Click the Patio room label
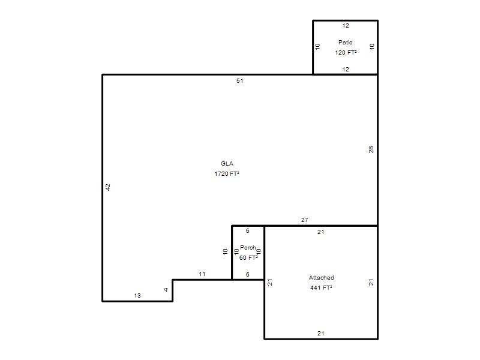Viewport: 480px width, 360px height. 346,42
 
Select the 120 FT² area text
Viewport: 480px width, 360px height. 346,52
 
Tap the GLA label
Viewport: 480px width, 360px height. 227,163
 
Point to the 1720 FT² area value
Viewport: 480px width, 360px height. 227,173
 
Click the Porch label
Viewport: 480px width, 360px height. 248,247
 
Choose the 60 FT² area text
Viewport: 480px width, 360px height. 248,257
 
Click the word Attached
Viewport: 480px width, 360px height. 321,277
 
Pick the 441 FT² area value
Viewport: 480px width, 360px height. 321,287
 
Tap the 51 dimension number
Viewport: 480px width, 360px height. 239,80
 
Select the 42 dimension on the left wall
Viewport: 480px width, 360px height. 107,187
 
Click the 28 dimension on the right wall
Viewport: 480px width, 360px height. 371,149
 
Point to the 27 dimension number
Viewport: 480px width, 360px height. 305,220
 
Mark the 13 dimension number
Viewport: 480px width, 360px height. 137,295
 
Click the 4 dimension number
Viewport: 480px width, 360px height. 166,290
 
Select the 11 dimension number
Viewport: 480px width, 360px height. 202,274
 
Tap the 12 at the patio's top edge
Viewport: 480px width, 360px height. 346,25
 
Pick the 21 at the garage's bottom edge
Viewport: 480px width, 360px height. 320,333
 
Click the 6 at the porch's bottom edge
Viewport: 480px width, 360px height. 248,274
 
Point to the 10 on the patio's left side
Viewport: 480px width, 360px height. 317,47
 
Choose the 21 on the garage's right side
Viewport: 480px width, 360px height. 371,282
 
